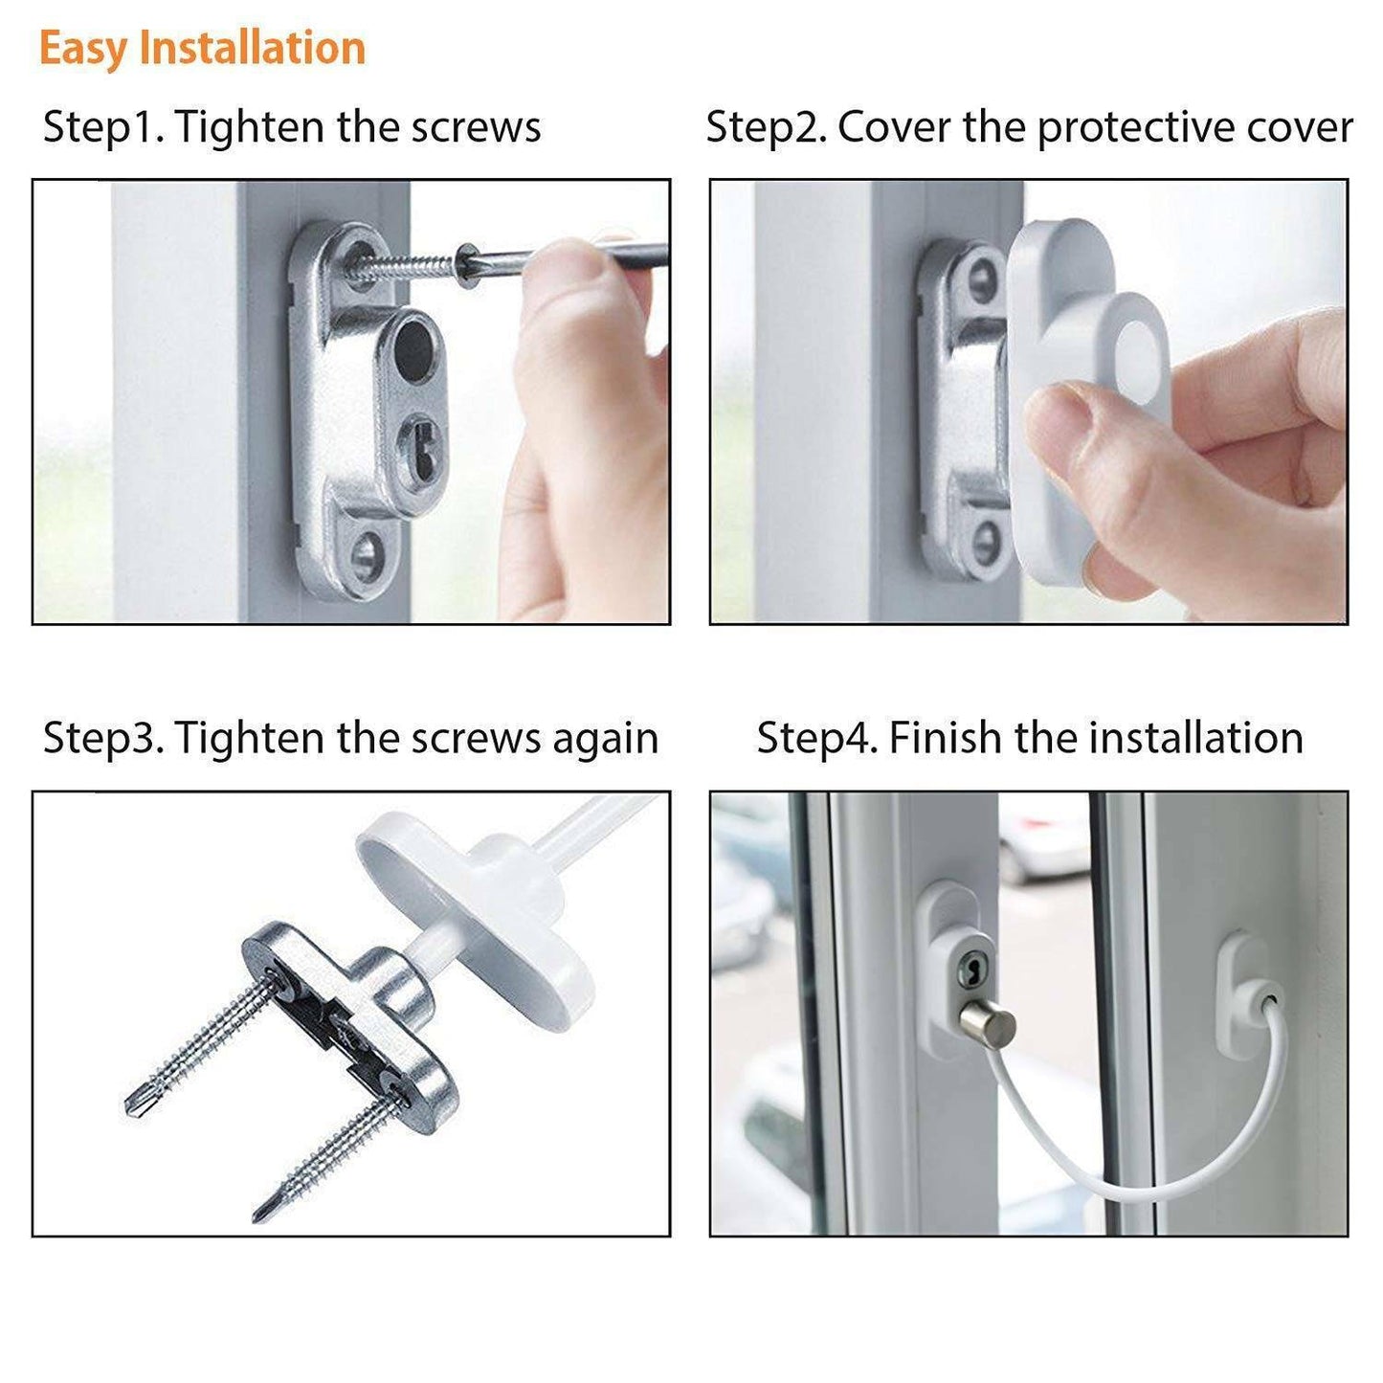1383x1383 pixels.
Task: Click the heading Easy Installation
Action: click(x=202, y=48)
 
